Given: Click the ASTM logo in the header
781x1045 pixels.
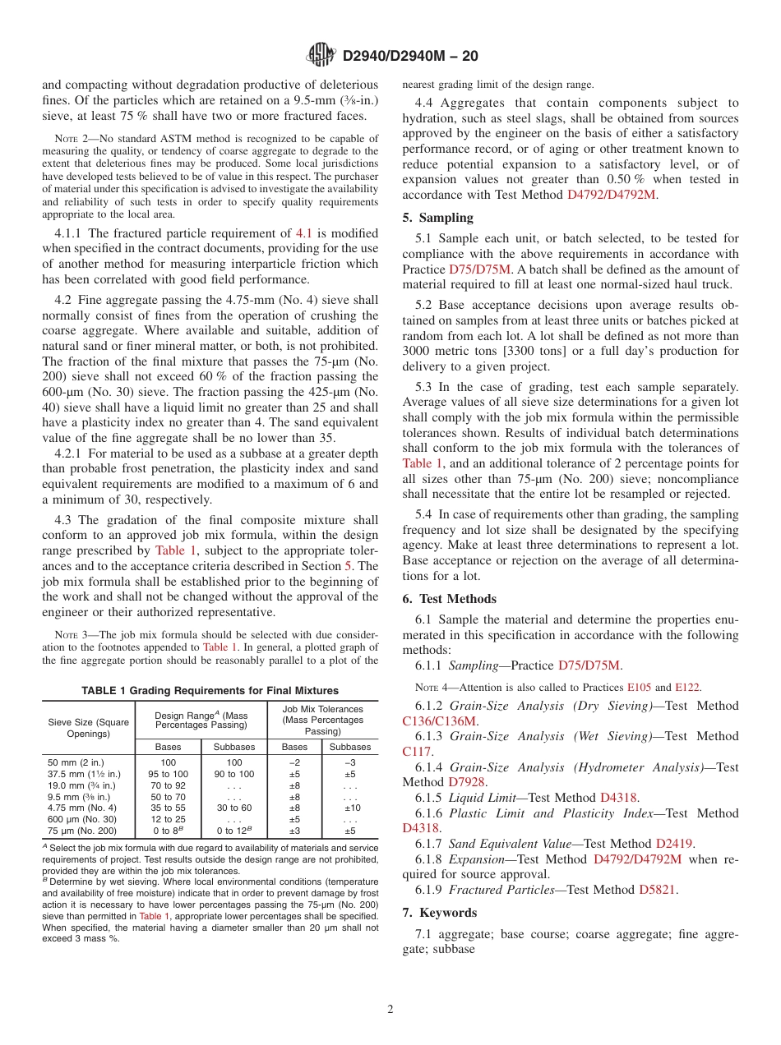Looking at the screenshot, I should point(321,55).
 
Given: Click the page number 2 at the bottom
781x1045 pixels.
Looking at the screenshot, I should point(390,1010).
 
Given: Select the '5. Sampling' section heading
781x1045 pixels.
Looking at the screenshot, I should point(437,218).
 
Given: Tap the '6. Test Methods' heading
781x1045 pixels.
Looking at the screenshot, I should point(449,599).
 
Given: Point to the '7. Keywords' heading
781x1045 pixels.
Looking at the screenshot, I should point(439,913).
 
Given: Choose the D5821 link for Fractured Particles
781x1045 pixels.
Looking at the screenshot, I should point(658,889).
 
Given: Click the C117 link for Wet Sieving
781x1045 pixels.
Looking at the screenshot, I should point(416,751).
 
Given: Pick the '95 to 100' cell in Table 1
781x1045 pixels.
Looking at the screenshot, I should point(168,774).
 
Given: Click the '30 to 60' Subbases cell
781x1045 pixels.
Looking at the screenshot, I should point(234,808).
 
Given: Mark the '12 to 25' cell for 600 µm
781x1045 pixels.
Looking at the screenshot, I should point(168,819).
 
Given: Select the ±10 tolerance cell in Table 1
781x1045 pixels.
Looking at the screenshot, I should point(349,808).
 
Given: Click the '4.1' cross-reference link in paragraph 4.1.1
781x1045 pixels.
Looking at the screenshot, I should point(303,233).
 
